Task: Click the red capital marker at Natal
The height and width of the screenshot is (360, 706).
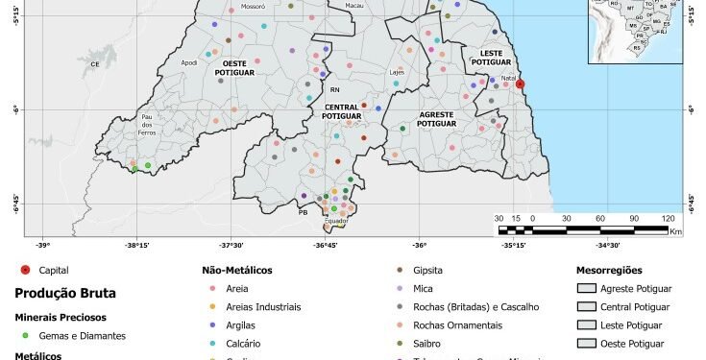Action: [520, 84]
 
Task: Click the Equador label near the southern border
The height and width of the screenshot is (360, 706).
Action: [336, 221]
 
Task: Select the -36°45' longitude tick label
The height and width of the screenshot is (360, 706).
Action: [325, 245]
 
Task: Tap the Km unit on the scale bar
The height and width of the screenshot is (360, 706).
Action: [675, 232]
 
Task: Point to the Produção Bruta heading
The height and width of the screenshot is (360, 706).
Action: [60, 295]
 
